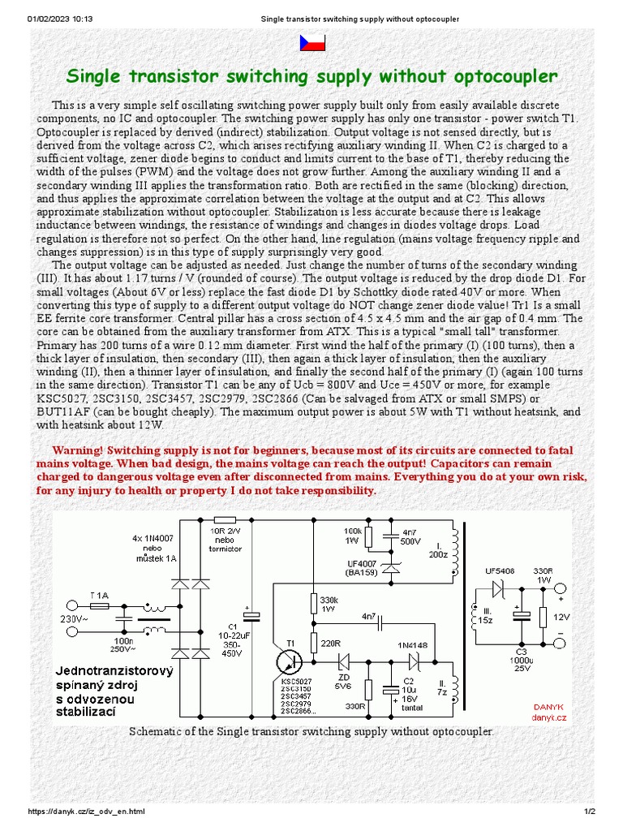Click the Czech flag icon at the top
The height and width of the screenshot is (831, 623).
click(312, 43)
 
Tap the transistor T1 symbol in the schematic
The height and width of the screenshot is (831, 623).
click(290, 661)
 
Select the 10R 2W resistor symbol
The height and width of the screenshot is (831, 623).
click(224, 519)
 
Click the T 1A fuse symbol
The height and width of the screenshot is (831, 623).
click(99, 605)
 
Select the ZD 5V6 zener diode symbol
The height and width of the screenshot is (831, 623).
click(344, 661)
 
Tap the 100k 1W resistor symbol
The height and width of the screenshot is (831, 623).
click(369, 538)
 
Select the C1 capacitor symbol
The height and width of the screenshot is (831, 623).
click(252, 618)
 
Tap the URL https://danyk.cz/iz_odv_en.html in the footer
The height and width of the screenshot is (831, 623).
click(86, 812)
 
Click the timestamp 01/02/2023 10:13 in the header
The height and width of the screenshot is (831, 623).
click(60, 19)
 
